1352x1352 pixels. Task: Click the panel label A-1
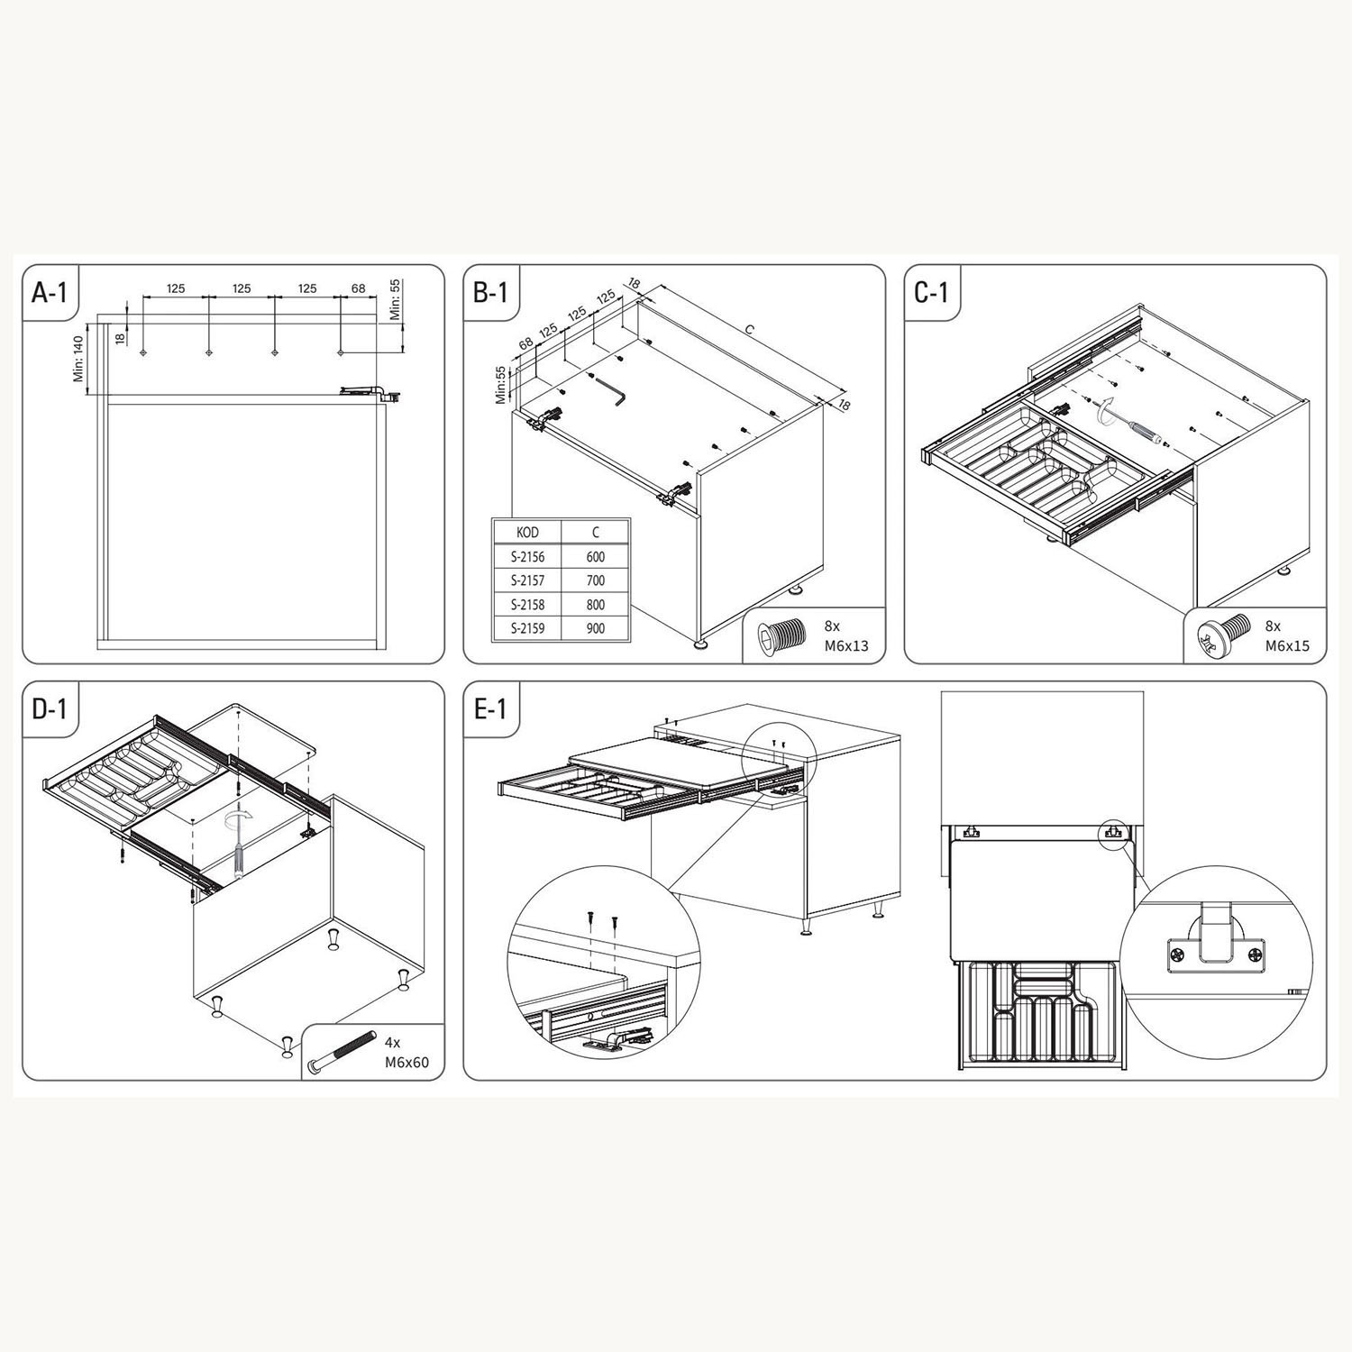pyautogui.click(x=49, y=292)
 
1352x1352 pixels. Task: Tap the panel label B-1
pyautogui.click(x=490, y=292)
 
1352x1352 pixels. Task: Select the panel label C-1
pyautogui.click(x=931, y=292)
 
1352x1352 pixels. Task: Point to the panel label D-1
pyautogui.click(x=50, y=708)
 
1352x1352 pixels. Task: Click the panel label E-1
pyautogui.click(x=490, y=708)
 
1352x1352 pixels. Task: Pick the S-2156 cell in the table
pyautogui.click(x=527, y=557)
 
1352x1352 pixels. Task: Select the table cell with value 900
pyautogui.click(x=595, y=629)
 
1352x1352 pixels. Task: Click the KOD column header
pyautogui.click(x=527, y=533)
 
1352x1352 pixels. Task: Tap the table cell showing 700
pyautogui.click(x=595, y=581)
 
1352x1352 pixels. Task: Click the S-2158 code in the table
pyautogui.click(x=527, y=605)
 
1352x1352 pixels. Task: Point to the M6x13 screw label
pyautogui.click(x=846, y=645)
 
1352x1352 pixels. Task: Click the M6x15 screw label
pyautogui.click(x=1288, y=645)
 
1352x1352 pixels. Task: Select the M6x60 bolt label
pyautogui.click(x=407, y=1063)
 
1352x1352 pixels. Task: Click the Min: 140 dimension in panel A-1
pyautogui.click(x=79, y=358)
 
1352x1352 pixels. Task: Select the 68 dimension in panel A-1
pyautogui.click(x=359, y=288)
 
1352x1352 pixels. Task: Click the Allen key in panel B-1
pyautogui.click(x=609, y=391)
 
